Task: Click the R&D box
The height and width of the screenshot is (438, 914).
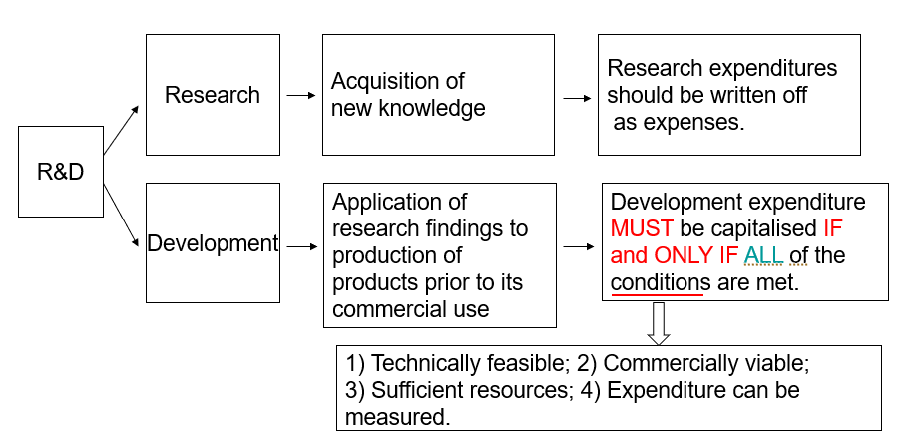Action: coord(60,171)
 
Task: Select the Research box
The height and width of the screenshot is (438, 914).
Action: coord(213,95)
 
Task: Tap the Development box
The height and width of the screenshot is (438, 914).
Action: coord(213,243)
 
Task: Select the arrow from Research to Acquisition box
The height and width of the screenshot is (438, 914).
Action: coord(299,95)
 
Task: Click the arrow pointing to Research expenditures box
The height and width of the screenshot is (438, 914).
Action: coord(575,99)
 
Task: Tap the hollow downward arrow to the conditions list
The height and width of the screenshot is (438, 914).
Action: coord(659,323)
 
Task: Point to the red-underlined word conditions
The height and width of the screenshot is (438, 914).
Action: coord(660,282)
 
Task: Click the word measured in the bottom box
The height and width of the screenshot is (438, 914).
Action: coord(396,416)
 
